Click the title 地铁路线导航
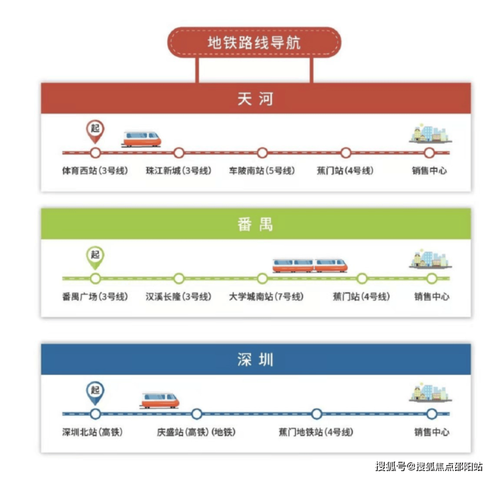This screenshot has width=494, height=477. (x=254, y=43)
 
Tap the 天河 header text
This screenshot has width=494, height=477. (x=255, y=99)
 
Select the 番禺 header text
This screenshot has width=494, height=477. (x=255, y=224)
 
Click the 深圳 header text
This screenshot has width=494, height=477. (x=255, y=360)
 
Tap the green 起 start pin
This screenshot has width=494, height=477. (x=95, y=258)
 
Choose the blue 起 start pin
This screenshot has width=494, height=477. (x=95, y=393)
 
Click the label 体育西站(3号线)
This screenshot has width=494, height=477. (x=95, y=171)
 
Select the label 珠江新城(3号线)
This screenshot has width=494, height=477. (x=178, y=171)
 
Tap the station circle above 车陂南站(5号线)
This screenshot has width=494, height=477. (x=262, y=153)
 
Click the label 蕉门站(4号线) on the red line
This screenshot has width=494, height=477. (x=345, y=171)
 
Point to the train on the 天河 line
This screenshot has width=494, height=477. (x=142, y=139)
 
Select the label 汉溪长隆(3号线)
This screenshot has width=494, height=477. (x=178, y=297)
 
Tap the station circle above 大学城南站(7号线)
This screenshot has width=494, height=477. (x=262, y=278)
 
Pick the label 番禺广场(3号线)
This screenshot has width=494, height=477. (x=95, y=297)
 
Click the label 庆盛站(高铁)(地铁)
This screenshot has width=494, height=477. (x=196, y=432)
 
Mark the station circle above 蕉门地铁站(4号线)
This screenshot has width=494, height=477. (x=316, y=414)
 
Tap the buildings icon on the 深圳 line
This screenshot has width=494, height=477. (x=431, y=393)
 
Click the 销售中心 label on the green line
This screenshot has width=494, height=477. (x=432, y=297)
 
